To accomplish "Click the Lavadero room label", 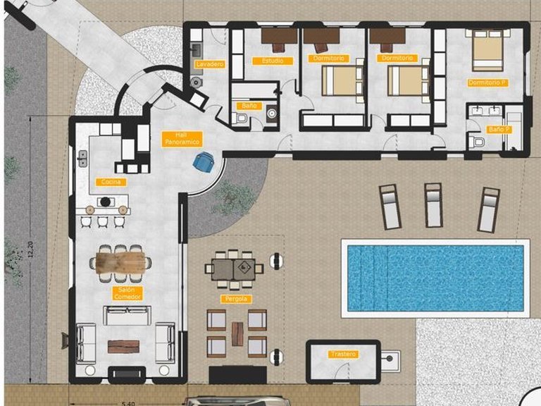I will [x=209, y=64].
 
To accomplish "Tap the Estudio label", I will [x=273, y=61].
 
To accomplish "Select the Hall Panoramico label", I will [x=182, y=138].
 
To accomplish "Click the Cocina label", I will [x=111, y=182].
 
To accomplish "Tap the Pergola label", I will [x=237, y=299].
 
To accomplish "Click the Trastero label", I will [x=343, y=354].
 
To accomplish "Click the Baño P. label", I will [x=498, y=130].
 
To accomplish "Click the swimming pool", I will [x=435, y=277].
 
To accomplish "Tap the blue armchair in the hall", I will [x=204, y=161].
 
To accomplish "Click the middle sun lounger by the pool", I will [x=433, y=204].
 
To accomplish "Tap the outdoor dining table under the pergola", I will [x=234, y=267].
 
